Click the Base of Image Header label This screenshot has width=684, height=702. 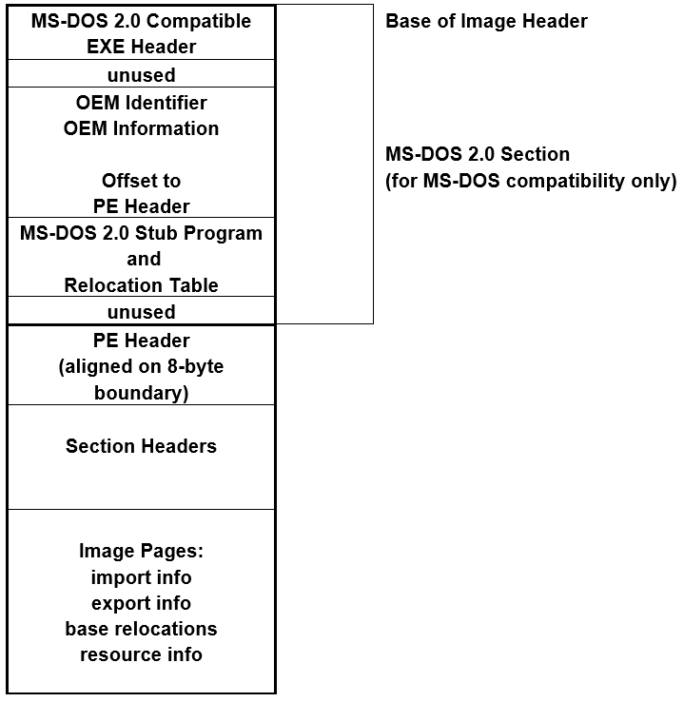coord(486,21)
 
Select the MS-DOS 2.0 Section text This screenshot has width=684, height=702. coord(478,154)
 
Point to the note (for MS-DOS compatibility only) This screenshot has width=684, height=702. coord(531,181)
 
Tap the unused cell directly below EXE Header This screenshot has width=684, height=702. coord(141,74)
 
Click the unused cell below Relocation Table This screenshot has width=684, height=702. coord(141,312)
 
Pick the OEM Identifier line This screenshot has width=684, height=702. coord(141,102)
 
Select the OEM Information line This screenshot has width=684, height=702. coord(141,128)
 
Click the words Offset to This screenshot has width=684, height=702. coord(141,181)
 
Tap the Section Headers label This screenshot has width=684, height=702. coord(141,446)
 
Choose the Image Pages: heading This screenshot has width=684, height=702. coord(141,551)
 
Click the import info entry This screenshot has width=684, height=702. coord(141,577)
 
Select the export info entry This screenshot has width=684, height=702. coord(141,603)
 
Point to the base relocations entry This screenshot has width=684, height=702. coord(141,629)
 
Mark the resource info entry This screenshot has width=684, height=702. coord(141,654)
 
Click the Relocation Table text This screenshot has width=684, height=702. coord(141,285)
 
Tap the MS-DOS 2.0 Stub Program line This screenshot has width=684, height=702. coord(141,233)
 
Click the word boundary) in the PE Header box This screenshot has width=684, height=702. coord(141,392)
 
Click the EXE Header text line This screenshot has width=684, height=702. coord(141,47)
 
